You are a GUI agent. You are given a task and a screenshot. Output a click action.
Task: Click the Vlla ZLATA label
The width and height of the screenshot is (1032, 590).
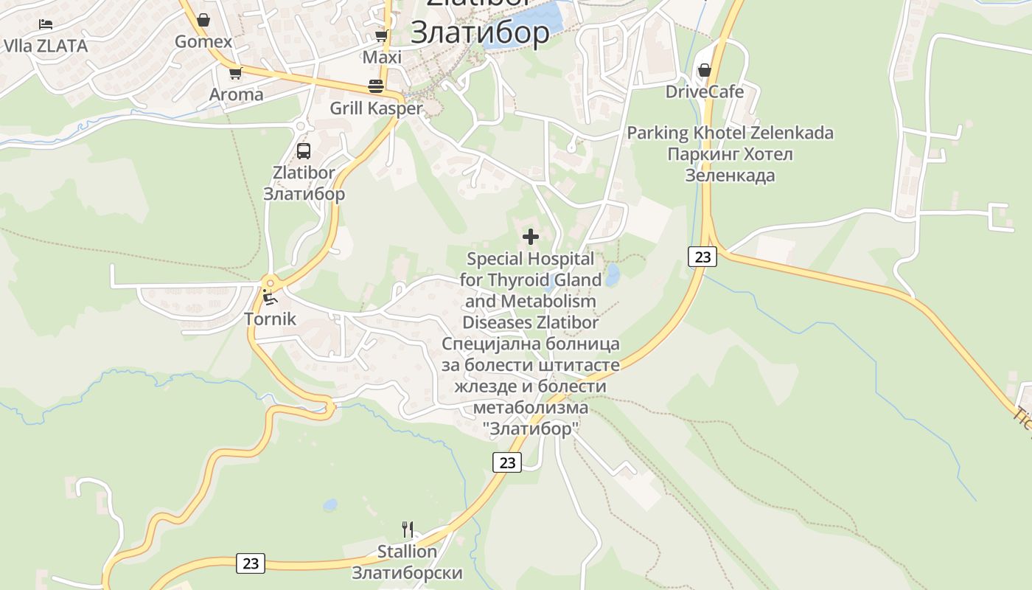(46, 46)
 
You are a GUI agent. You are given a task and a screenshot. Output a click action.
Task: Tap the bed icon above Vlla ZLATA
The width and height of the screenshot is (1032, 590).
(46, 24)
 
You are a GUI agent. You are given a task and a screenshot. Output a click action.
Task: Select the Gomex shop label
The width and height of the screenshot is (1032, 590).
(203, 41)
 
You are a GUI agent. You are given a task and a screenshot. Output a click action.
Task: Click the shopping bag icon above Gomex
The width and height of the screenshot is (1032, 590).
(203, 20)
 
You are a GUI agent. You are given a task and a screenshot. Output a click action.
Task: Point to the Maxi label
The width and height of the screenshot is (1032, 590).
(382, 57)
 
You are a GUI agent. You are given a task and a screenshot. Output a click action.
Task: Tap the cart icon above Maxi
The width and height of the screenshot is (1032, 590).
(381, 35)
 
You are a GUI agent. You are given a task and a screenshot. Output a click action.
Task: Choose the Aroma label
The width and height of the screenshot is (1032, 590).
(236, 94)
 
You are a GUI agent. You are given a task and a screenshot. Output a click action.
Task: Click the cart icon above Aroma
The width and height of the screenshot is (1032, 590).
(235, 73)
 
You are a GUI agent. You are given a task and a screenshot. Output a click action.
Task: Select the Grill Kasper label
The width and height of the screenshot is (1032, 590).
(376, 108)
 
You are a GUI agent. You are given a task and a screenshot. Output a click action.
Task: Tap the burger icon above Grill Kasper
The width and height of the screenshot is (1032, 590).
(376, 86)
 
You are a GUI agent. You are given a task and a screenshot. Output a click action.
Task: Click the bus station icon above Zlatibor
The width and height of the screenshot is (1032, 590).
(303, 151)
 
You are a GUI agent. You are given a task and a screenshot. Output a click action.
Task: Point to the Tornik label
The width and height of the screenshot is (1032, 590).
(270, 319)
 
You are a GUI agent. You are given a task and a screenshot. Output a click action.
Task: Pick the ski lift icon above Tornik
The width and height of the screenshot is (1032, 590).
(271, 298)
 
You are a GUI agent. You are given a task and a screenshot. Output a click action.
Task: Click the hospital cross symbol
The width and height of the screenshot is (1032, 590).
(531, 237)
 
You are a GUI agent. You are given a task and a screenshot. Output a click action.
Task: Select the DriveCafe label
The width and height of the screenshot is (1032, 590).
(705, 91)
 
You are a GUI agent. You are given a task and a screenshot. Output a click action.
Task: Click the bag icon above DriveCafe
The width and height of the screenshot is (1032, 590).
(705, 70)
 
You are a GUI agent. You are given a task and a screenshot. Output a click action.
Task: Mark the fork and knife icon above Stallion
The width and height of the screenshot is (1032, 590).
(407, 529)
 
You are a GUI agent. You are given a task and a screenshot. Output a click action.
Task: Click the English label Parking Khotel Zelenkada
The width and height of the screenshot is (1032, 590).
(730, 133)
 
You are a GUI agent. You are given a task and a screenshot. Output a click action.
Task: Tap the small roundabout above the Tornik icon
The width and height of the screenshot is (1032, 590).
(271, 282)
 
